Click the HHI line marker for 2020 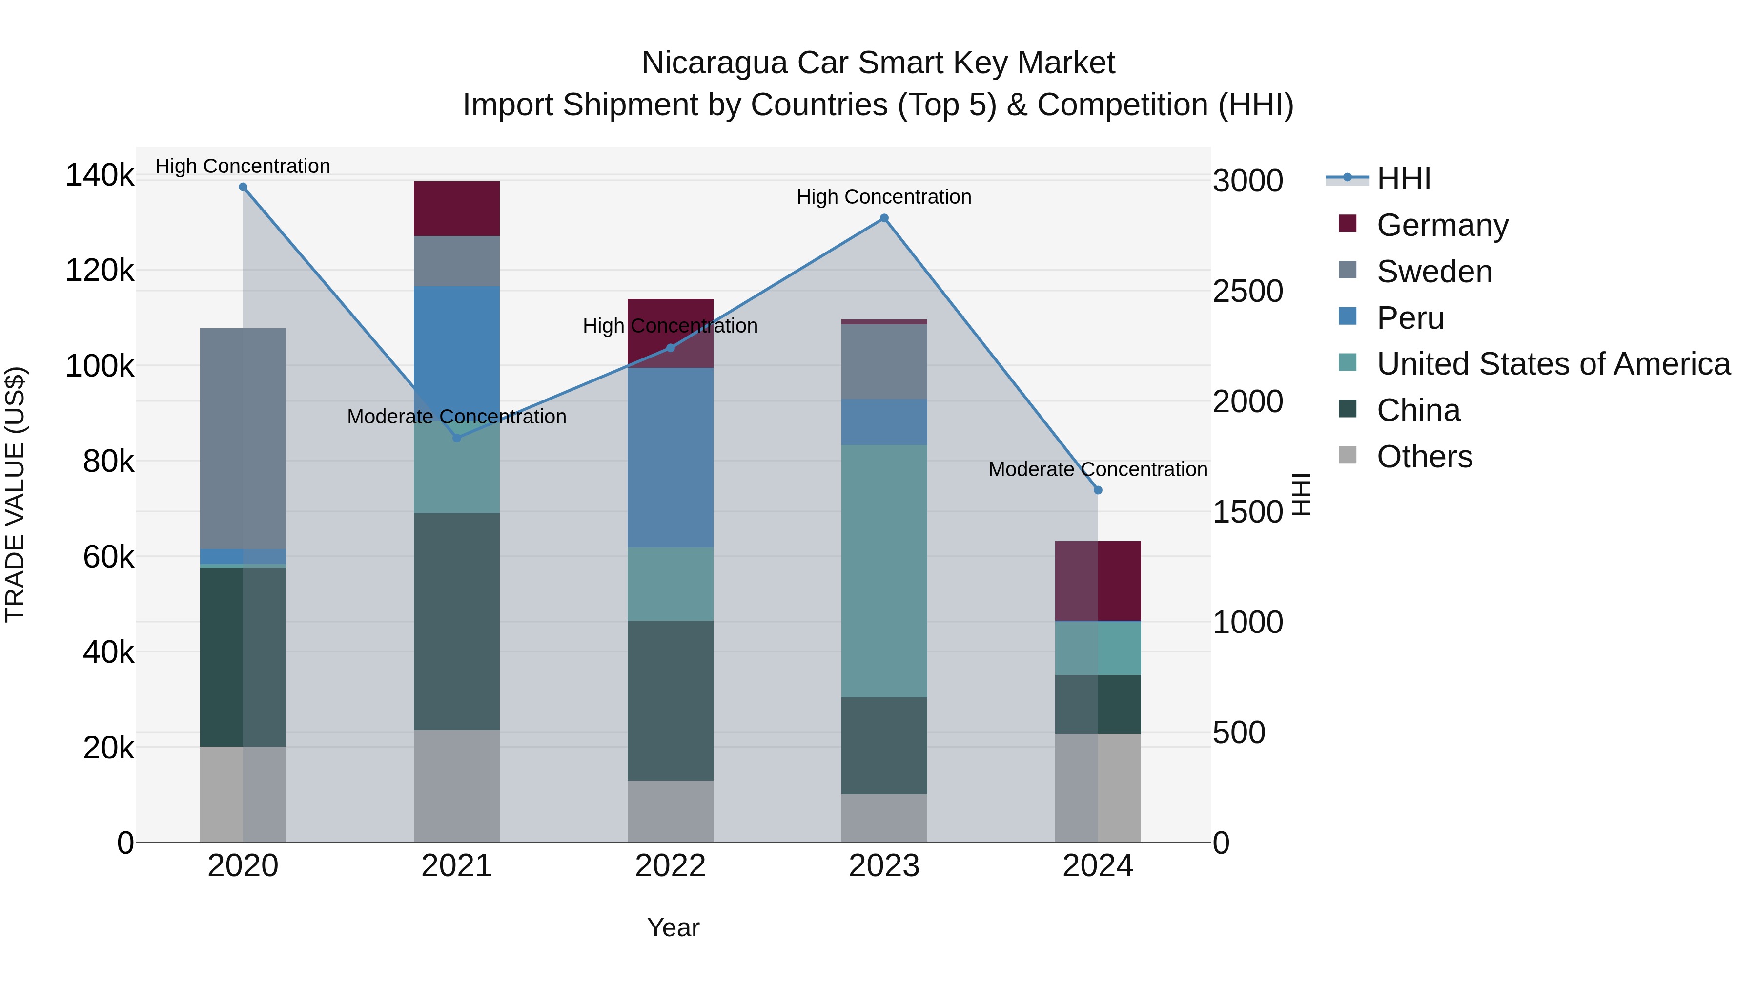[243, 187]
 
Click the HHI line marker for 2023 [884, 218]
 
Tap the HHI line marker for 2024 [1098, 490]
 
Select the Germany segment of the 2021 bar [456, 208]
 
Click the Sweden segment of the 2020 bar [243, 438]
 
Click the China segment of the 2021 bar [456, 621]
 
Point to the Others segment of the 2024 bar [1098, 788]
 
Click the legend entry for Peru [1410, 318]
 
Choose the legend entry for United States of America [1553, 364]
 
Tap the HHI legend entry [1403, 179]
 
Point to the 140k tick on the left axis [100, 175]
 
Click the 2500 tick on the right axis [1247, 292]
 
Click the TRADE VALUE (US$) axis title [15, 494]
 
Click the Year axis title [673, 927]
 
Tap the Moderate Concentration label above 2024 [1098, 469]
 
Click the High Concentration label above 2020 [243, 166]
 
